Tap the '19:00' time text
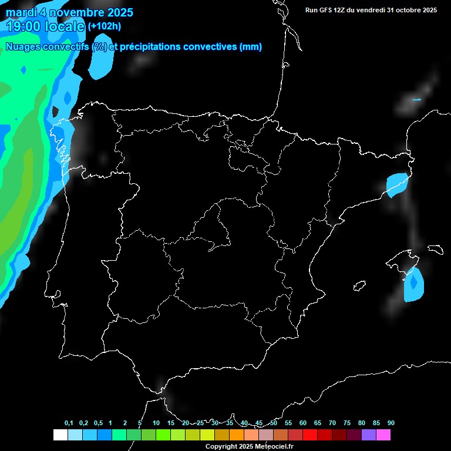coord(24,26)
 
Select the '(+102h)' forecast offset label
coord(104,26)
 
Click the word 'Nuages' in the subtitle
coord(23,47)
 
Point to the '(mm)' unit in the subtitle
coord(251,47)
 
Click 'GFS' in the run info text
coord(328,10)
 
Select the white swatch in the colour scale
coord(60,435)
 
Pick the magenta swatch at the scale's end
coord(383,435)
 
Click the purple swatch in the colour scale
coord(368,435)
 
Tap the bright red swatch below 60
coord(309,435)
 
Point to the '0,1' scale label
coord(69,423)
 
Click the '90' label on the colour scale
coord(391,423)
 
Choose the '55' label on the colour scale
coord(288,423)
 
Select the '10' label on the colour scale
coord(156,423)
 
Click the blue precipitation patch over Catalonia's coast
coord(397,184)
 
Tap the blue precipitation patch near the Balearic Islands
coord(415,285)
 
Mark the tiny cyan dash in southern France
coord(416,100)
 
